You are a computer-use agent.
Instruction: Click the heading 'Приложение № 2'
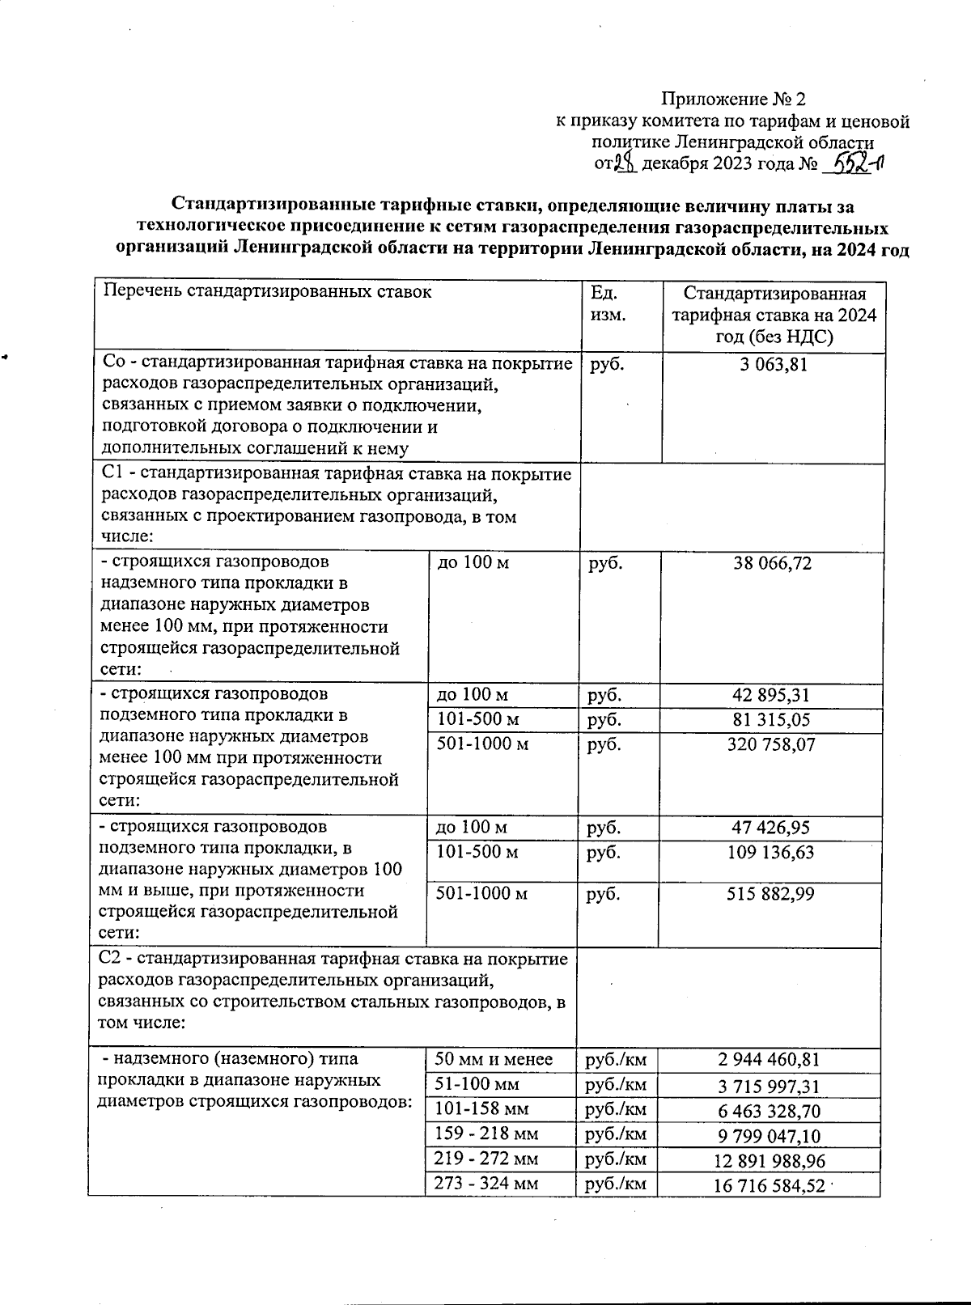click(x=734, y=100)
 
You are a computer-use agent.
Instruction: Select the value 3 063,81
click(x=773, y=365)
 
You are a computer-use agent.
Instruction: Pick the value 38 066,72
click(x=772, y=563)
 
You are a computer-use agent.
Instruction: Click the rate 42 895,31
click(x=772, y=695)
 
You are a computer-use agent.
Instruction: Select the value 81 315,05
click(x=772, y=720)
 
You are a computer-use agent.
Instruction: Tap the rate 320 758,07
click(x=772, y=744)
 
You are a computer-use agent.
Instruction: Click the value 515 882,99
click(x=772, y=894)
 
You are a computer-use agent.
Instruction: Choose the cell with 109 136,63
click(x=772, y=852)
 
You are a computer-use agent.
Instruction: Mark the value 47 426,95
click(x=772, y=828)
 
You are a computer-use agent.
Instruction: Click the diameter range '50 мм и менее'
click(x=494, y=1059)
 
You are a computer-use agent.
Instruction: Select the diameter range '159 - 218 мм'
click(x=486, y=1133)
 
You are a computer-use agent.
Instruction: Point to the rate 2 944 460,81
click(x=772, y=1060)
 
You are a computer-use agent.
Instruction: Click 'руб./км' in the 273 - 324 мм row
click(x=616, y=1184)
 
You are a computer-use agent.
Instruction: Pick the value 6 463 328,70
click(x=772, y=1110)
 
